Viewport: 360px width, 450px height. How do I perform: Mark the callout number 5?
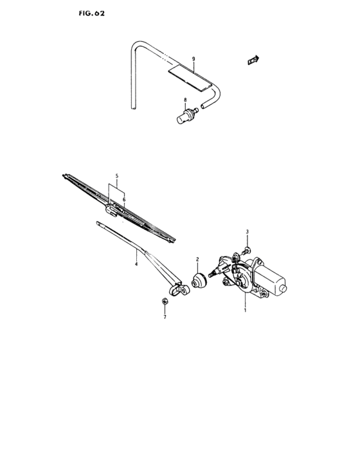116,175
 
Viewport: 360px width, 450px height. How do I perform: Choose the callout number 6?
123,200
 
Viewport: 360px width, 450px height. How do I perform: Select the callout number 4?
136,263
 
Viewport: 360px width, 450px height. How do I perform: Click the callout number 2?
198,259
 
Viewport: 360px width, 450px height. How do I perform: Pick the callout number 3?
246,231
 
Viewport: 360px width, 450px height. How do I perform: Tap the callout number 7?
165,318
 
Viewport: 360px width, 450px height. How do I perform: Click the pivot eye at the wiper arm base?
184,291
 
